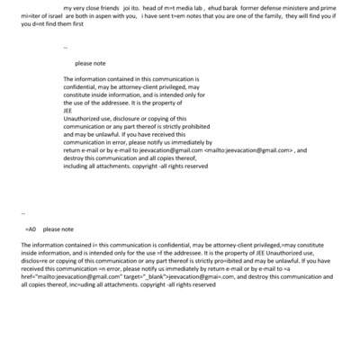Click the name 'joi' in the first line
125,8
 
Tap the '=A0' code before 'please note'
30,229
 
